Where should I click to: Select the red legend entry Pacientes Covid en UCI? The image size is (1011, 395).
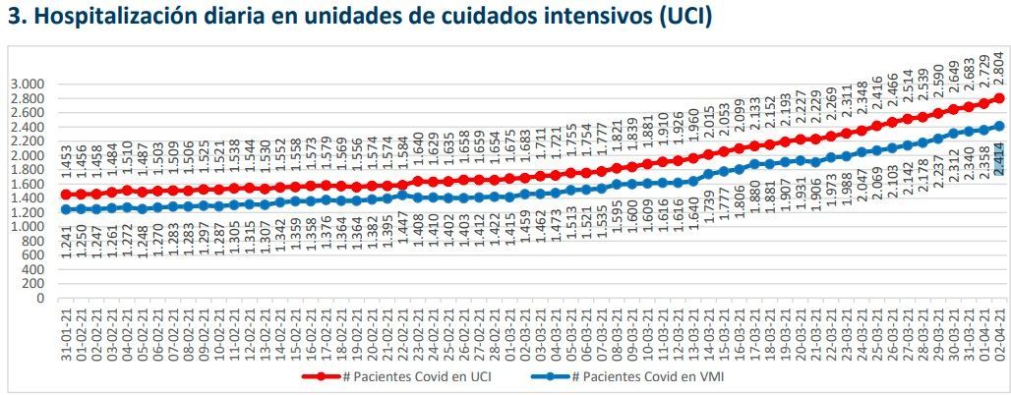tap(399, 376)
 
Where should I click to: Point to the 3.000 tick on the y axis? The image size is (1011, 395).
tap(27, 84)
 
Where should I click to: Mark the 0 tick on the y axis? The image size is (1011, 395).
tap(40, 299)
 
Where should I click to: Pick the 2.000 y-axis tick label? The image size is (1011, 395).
tap(27, 155)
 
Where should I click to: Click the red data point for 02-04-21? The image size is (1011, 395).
tap(1000, 98)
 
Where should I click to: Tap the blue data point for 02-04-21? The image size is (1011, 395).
tap(1000, 126)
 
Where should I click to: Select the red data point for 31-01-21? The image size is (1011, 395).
tap(65, 194)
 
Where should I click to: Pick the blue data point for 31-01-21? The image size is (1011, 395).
tap(65, 209)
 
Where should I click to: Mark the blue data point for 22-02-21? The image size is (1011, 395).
tap(401, 195)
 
